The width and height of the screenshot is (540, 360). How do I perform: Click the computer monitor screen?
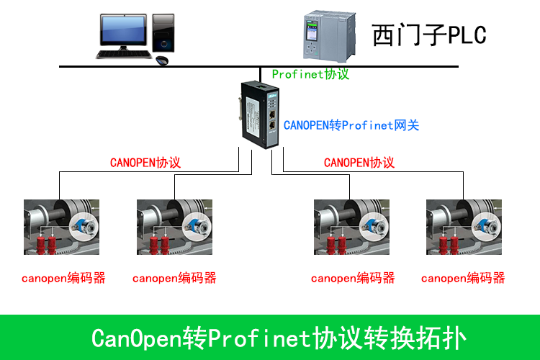click(122, 28)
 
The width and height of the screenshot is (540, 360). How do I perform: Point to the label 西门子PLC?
click(429, 35)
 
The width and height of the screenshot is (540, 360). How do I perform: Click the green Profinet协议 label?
click(310, 74)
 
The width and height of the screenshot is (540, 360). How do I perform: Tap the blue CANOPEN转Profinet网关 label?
click(351, 125)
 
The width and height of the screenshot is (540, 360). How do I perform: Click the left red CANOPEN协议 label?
click(145, 163)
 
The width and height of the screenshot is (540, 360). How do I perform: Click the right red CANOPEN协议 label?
click(359, 163)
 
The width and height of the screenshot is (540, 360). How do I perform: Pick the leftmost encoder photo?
click(61, 227)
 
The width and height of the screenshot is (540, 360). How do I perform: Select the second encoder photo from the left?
click(174, 227)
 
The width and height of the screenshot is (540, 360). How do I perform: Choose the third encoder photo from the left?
click(351, 227)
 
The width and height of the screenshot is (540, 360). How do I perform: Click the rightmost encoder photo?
click(464, 227)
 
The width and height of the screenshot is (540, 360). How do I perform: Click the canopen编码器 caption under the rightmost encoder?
click(463, 278)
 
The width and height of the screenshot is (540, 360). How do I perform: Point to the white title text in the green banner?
click(279, 338)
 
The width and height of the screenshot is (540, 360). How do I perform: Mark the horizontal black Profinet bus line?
click(180, 67)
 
